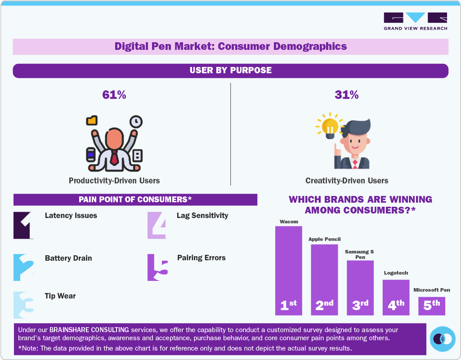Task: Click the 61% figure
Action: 114,95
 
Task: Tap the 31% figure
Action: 346,95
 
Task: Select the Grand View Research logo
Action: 415,21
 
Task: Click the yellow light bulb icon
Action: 330,126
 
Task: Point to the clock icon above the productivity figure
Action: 136,121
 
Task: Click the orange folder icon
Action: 92,120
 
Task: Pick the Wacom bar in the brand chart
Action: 288,270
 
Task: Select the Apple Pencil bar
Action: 324,279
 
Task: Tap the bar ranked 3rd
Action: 360,287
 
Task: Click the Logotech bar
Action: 396,297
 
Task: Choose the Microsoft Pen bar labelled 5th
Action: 432,306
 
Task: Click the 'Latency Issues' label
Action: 71,215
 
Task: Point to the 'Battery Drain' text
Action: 68,258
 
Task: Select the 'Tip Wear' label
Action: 60,296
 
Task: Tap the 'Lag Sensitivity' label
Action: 202,215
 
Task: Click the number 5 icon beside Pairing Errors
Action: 157,267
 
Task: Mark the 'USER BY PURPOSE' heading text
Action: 230,70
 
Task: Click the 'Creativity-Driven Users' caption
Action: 346,181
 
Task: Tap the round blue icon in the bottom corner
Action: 443,339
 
